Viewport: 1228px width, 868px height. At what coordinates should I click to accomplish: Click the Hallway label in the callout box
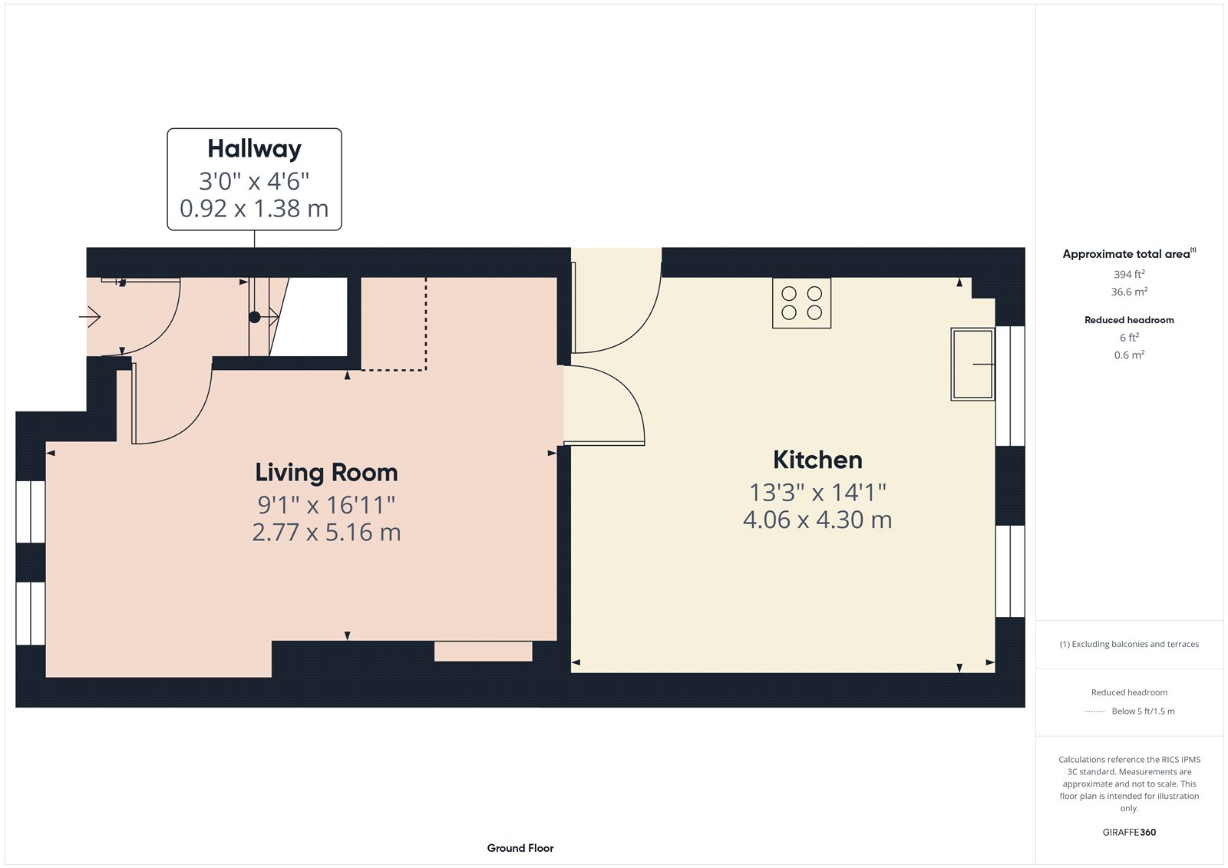tap(254, 149)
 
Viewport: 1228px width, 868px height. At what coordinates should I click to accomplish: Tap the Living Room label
tap(327, 473)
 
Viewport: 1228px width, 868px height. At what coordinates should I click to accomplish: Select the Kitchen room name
tap(817, 460)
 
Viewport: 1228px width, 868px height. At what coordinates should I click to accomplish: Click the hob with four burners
tap(801, 303)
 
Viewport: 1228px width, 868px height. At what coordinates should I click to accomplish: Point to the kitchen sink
tap(972, 364)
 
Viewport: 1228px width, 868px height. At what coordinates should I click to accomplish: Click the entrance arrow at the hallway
tap(90, 317)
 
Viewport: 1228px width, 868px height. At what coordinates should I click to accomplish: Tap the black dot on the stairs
tap(254, 317)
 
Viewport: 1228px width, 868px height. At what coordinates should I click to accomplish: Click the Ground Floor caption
tap(520, 848)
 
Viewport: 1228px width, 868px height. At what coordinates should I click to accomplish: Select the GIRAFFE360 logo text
tap(1129, 832)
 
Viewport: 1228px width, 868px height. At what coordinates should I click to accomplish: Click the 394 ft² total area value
tap(1129, 274)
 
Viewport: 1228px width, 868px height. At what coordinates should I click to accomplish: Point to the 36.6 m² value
tap(1129, 291)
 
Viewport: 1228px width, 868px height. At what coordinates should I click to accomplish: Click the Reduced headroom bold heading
tap(1129, 320)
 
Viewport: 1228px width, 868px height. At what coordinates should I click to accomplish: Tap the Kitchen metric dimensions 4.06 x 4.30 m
tap(817, 520)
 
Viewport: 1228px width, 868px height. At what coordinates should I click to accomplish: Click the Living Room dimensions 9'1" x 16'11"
tap(327, 505)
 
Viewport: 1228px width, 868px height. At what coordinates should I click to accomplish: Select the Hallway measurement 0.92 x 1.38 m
tap(254, 208)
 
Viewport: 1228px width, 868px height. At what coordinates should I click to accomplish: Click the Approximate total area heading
tap(1129, 254)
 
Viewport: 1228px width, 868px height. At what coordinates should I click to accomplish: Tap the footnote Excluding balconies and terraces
tap(1129, 644)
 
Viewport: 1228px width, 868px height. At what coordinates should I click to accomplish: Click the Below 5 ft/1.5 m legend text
tap(1143, 711)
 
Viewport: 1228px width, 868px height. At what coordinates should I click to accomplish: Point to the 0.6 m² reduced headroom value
tap(1129, 355)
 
